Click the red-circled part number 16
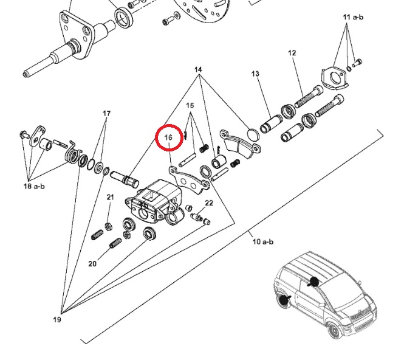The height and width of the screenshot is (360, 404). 169,138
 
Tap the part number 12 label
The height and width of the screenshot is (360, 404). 292,54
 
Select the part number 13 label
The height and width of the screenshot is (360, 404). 255,74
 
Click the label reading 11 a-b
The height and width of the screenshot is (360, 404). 352,17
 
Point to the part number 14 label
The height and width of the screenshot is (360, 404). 198,70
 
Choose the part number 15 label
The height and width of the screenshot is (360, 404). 190,105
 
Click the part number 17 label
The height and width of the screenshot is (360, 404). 107,114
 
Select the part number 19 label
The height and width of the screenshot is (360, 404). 56,319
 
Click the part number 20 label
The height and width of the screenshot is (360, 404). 92,264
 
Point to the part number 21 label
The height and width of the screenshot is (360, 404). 110,197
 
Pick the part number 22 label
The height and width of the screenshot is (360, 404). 208,202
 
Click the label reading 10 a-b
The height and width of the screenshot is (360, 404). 263,241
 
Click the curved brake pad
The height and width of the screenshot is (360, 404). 237,145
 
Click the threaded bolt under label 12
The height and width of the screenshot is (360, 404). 308,97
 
